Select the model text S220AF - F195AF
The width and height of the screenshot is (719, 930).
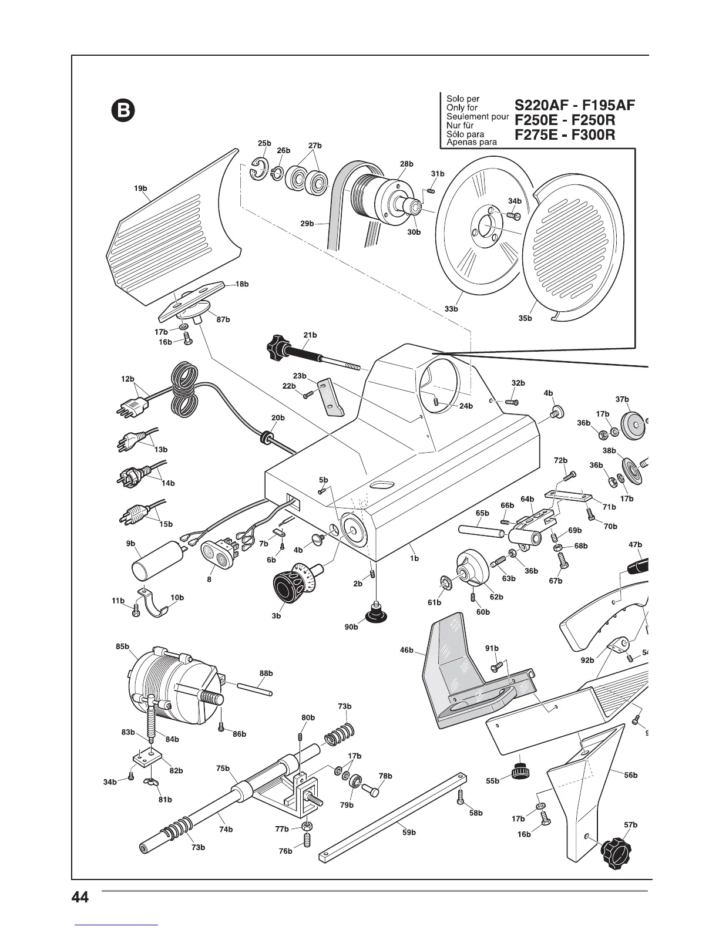(x=574, y=106)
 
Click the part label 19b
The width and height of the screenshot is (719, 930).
(x=140, y=188)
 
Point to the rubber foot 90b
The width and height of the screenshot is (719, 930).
(x=374, y=614)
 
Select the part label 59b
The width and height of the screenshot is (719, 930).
(x=409, y=832)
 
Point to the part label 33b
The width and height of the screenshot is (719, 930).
(x=451, y=308)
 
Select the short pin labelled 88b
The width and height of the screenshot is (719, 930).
(x=254, y=688)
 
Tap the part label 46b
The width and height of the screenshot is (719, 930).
(x=407, y=651)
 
